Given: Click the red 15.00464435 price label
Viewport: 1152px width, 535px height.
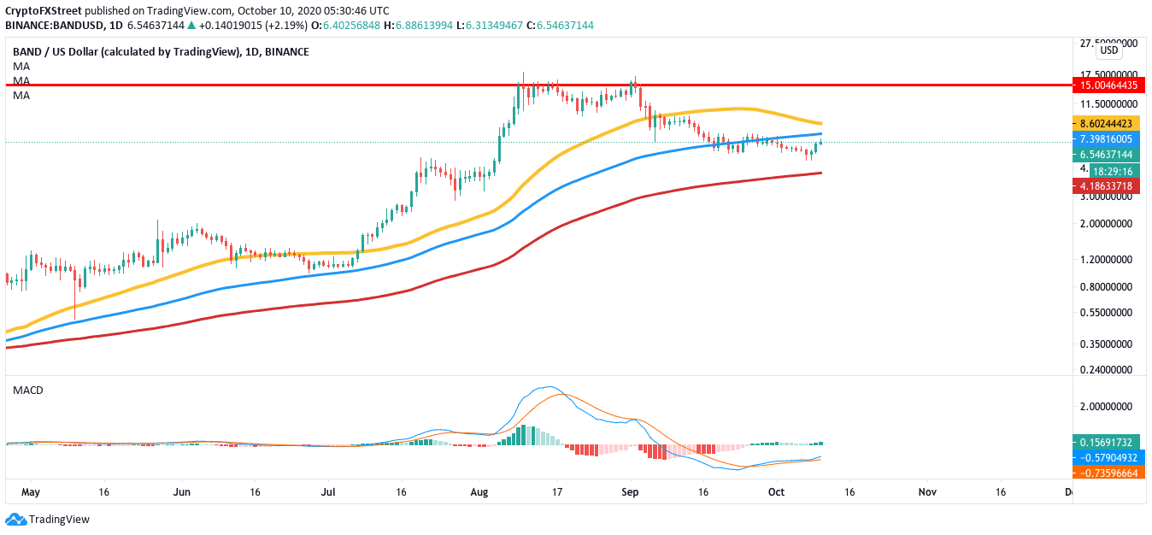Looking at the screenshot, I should (x=1108, y=85).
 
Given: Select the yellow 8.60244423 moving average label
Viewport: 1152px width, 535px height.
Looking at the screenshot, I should (x=1108, y=123).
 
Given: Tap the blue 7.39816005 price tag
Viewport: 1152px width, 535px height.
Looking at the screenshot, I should (x=1108, y=138).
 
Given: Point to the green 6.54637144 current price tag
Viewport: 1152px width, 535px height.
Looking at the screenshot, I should (x=1108, y=155).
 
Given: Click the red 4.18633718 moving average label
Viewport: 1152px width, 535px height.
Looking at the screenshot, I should (x=1108, y=185).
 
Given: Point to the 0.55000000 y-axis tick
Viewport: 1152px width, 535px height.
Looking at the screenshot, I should (x=1108, y=313).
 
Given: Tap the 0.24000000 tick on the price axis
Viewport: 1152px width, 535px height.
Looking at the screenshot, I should (x=1108, y=371).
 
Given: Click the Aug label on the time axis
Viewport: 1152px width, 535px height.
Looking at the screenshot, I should (x=479, y=492).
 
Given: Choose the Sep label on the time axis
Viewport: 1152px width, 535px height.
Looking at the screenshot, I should (x=631, y=492).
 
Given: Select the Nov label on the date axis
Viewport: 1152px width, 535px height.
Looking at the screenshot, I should (x=926, y=492).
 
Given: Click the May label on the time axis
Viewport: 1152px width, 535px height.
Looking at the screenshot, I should (x=30, y=492).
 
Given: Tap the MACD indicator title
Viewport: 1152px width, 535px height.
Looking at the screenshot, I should (x=27, y=390).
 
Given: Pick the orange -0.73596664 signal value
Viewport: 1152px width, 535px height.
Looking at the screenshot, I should (x=1108, y=473).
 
